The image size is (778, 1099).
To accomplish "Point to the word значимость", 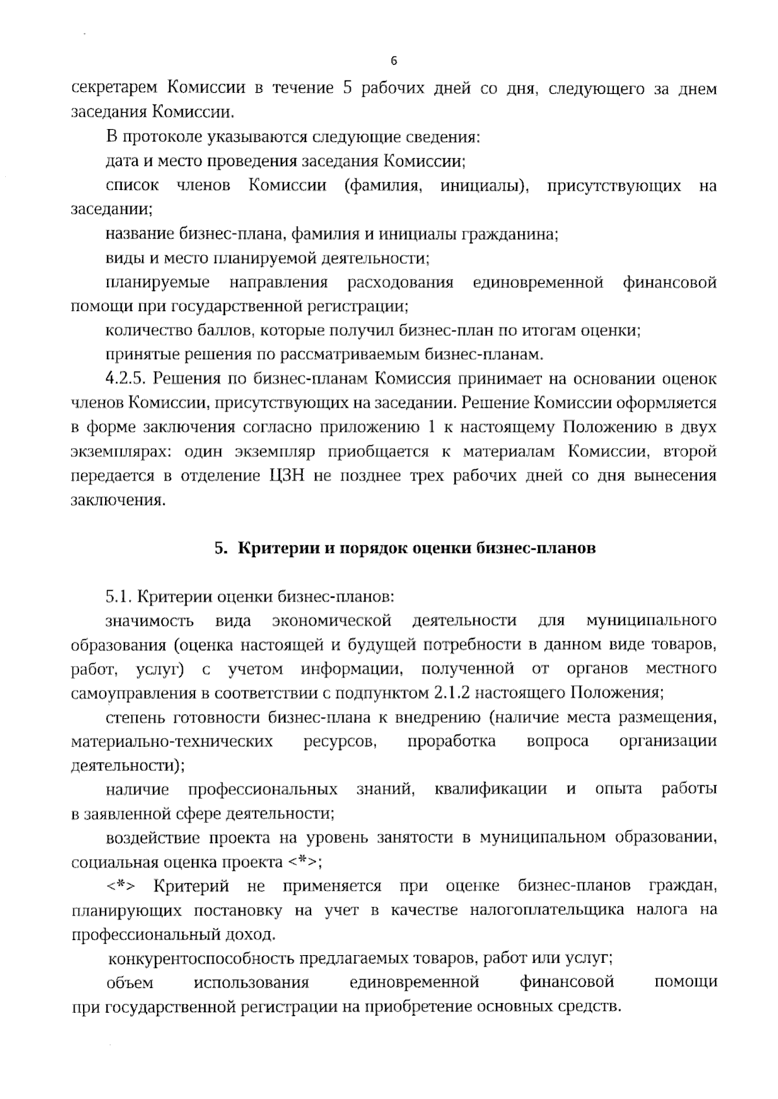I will click(150, 620).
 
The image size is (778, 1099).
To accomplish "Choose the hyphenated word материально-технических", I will click(172, 741).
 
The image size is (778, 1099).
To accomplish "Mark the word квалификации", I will click(491, 789).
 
